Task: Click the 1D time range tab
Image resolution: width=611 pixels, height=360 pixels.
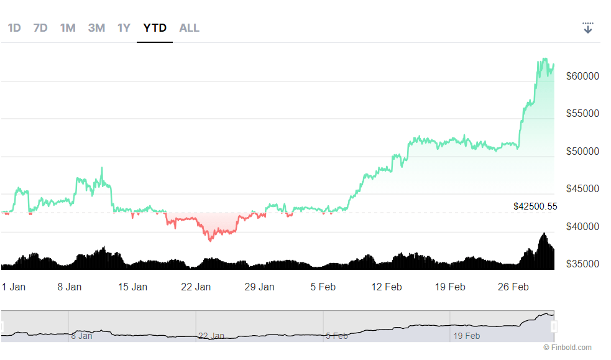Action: point(14,28)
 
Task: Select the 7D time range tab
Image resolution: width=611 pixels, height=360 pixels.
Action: point(40,28)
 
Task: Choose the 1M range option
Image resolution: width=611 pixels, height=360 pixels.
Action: point(68,28)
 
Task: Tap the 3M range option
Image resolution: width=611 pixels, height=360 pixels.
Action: point(96,28)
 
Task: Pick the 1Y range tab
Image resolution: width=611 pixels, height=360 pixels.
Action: point(124,28)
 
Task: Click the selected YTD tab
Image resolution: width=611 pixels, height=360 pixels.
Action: point(155,28)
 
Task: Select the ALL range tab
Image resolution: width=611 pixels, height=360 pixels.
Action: point(189,28)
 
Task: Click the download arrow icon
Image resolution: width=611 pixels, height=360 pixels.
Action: point(588,28)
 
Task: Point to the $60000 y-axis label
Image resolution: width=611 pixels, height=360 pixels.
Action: point(582,76)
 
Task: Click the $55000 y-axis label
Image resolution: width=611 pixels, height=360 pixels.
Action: point(582,114)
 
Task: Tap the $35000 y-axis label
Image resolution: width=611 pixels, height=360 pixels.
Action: point(582,264)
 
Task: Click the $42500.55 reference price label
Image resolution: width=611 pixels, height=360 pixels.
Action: point(535,206)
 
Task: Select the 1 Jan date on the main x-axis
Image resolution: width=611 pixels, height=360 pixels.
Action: point(14,287)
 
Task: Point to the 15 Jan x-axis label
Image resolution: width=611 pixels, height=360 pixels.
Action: point(132,287)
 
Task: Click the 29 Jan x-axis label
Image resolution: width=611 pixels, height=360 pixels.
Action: point(259,287)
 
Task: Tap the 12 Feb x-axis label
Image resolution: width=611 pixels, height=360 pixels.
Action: point(386,287)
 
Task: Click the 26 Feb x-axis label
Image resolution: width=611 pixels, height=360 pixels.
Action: point(513,287)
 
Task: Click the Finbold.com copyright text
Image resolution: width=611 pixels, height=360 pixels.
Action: point(567,348)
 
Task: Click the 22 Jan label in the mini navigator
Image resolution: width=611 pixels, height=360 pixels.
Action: point(211,336)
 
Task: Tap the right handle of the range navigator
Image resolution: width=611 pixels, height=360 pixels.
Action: point(554,326)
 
